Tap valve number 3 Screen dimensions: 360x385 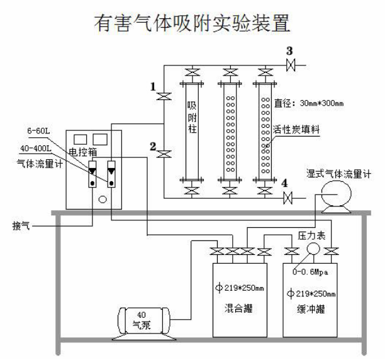pyautogui.click(x=290, y=65)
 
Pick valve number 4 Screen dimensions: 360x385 pyautogui.click(x=289, y=200)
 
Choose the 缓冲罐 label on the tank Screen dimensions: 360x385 pyautogui.click(x=310, y=310)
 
